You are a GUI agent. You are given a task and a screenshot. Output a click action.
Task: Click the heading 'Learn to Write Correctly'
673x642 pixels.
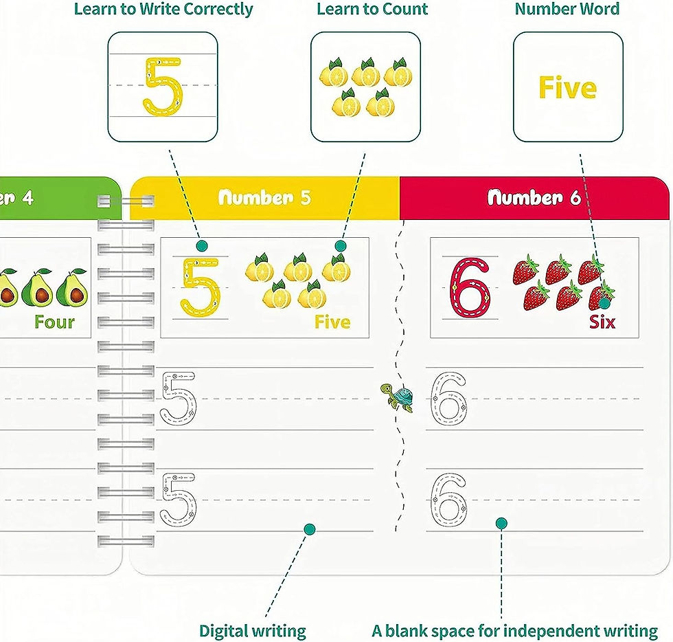[x=163, y=9]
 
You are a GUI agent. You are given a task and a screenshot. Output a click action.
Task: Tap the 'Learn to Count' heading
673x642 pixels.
[x=372, y=9]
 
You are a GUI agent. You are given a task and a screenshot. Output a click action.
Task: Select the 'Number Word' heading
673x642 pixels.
[x=567, y=9]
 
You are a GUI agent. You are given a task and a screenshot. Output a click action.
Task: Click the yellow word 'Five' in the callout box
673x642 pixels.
[x=567, y=88]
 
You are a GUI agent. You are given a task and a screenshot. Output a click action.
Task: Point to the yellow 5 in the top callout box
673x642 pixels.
[x=162, y=87]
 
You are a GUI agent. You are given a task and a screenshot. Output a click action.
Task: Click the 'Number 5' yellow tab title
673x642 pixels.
[x=264, y=197]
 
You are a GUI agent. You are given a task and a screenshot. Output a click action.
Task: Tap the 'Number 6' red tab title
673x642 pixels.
[x=534, y=197]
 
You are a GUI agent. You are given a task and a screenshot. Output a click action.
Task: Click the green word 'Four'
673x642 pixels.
[x=54, y=322]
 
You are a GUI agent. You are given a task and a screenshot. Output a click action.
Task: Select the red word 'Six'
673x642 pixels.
[x=602, y=322]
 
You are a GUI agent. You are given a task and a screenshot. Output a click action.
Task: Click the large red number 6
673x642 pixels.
[x=470, y=288]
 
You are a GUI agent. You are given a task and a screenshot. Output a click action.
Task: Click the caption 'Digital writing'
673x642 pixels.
[x=253, y=631]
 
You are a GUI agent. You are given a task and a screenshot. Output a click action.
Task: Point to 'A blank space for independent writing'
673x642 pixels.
[x=514, y=631]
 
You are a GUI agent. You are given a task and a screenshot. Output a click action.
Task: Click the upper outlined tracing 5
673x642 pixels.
[x=178, y=399]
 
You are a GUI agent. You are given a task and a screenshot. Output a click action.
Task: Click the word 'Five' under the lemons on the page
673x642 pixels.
[x=332, y=322]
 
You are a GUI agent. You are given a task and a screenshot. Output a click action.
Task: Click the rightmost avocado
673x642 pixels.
[x=72, y=288]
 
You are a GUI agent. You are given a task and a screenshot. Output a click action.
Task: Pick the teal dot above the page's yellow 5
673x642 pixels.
[x=202, y=246]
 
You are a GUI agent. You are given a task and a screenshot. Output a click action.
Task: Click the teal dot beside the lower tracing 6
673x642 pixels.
[x=501, y=523]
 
